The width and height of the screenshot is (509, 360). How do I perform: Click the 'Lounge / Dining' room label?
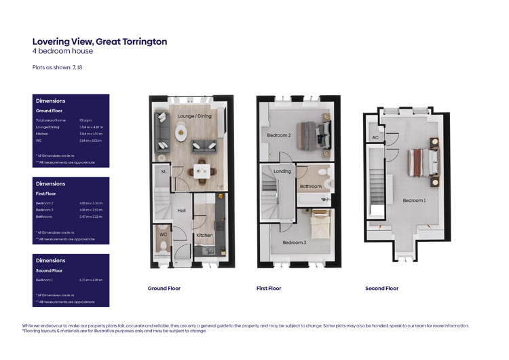195,116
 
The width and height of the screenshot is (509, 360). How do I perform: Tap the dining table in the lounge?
202,169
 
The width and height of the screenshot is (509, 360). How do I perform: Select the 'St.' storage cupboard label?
164,172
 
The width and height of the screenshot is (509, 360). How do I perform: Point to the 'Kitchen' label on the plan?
204,235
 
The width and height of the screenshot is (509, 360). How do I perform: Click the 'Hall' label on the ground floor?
181,211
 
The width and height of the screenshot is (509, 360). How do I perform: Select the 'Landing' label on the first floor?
282,171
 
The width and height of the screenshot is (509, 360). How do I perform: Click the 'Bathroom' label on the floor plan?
311,186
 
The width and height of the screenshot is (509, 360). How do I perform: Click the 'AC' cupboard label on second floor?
375,138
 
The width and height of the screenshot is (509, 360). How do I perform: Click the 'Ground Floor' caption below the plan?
164,289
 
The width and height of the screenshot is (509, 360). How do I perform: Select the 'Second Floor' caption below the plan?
381,289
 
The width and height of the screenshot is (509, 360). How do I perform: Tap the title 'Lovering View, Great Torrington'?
100,41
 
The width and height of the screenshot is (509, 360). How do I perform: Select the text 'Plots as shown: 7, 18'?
57,67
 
